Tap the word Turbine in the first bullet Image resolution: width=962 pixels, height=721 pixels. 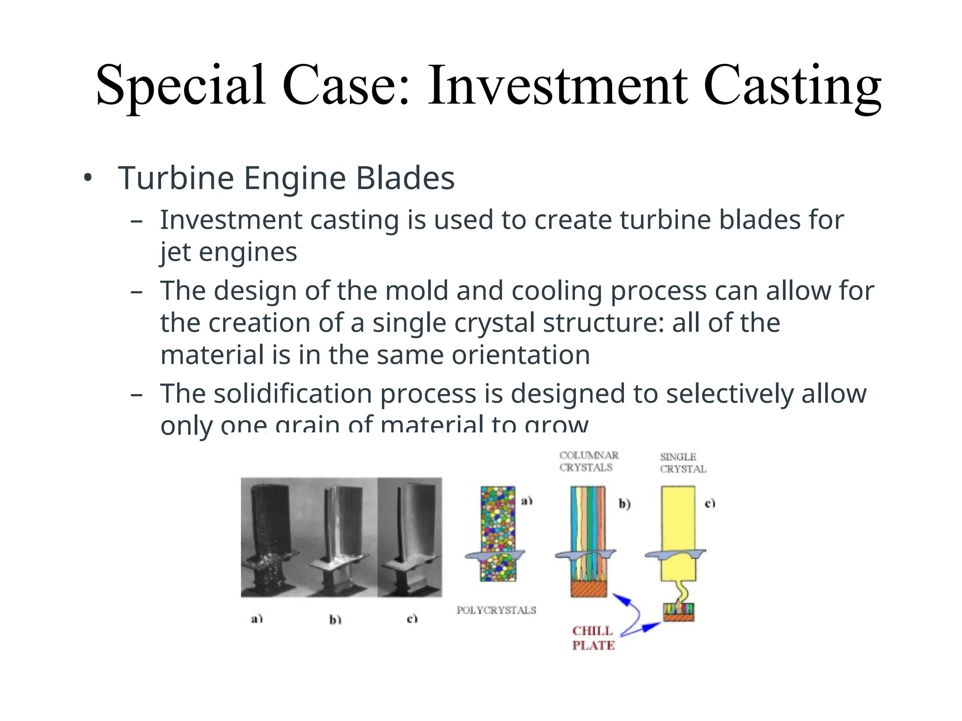click(x=176, y=178)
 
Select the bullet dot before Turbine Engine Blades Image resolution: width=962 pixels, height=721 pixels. click(x=87, y=178)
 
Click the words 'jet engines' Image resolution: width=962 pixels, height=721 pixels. click(x=228, y=252)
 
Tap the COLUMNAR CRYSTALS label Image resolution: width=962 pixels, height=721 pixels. click(x=588, y=461)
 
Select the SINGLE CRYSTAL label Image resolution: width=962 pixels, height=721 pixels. click(x=682, y=463)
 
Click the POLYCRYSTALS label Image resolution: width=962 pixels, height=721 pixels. click(x=496, y=610)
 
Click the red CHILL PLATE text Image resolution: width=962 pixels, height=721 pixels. click(x=593, y=638)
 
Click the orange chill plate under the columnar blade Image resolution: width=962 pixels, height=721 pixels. click(x=589, y=588)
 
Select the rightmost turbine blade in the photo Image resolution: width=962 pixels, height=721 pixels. click(x=413, y=530)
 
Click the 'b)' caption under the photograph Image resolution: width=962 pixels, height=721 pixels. click(x=335, y=620)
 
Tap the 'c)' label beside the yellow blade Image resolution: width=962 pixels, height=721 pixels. click(x=709, y=504)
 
